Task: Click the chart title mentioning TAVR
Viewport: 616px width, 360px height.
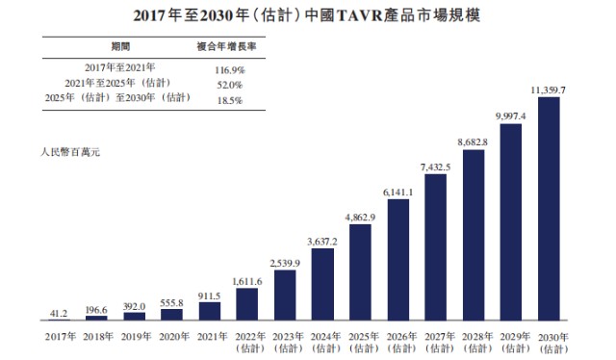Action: coord(309,17)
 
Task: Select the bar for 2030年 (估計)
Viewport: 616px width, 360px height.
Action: coord(548,208)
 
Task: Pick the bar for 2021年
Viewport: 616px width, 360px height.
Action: coord(210,311)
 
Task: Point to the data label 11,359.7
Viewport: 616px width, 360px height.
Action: coord(548,90)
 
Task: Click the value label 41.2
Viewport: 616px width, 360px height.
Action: coord(60,313)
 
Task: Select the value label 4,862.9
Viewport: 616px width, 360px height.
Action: coord(361,218)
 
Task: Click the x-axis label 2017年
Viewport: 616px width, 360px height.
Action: coord(60,336)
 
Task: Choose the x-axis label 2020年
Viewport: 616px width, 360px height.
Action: coord(172,336)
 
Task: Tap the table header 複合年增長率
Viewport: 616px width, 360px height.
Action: coord(223,46)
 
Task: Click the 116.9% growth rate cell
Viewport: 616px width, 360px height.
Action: coord(226,70)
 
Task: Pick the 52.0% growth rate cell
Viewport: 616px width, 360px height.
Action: coord(226,85)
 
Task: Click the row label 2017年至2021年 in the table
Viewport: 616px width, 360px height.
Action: coord(120,68)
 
